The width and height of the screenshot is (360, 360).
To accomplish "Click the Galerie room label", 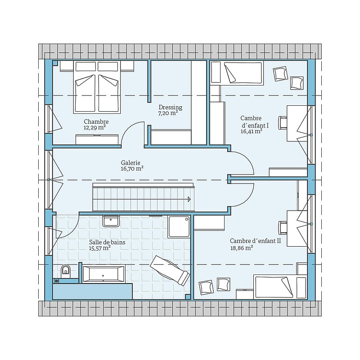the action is click(x=130, y=163).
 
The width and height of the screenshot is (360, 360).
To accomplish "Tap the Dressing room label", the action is click(x=171, y=107).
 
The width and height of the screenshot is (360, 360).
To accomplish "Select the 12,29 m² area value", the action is click(x=94, y=128).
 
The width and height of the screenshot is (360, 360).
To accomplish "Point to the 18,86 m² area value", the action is click(x=242, y=248).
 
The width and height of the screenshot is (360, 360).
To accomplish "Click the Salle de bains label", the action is click(x=107, y=242).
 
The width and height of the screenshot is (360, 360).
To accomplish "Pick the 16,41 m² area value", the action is click(x=252, y=131).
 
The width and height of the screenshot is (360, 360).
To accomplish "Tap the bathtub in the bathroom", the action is click(x=103, y=273).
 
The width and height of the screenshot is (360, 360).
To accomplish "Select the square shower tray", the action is click(x=179, y=227).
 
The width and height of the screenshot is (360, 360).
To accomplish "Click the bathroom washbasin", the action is click(x=111, y=221).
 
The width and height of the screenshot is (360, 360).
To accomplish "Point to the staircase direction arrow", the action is click(x=189, y=199).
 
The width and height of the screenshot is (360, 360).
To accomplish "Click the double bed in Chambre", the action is click(x=97, y=87).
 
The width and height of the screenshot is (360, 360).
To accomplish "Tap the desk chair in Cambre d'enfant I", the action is click(x=283, y=123).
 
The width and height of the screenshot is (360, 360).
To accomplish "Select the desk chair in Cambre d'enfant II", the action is click(x=283, y=228).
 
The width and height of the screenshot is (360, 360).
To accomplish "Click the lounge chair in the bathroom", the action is click(x=170, y=270).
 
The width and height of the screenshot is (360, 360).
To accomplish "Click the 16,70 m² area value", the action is click(x=132, y=169).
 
